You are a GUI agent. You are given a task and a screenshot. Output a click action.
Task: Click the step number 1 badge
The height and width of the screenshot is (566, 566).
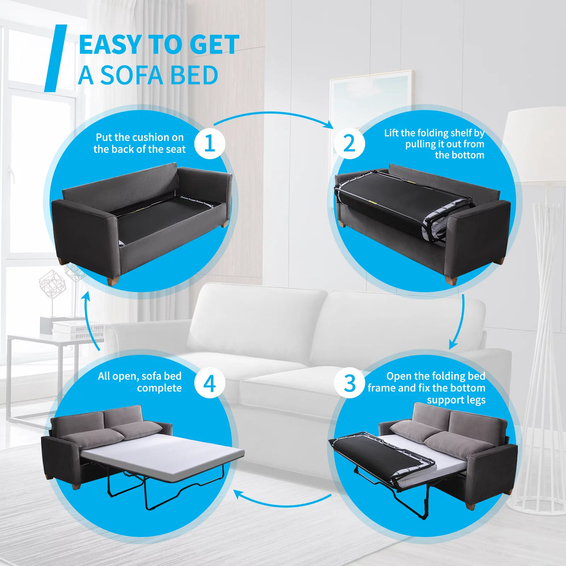209,144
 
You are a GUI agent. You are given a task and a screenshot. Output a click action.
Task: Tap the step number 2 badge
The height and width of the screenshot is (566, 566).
349,144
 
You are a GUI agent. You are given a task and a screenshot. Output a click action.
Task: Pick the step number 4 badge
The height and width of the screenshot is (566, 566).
209,383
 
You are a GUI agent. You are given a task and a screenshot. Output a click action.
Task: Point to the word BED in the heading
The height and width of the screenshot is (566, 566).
194,75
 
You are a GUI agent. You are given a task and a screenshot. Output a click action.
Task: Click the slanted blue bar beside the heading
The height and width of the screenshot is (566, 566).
55,58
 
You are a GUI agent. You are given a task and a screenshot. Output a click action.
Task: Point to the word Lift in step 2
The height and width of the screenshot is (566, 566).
391,133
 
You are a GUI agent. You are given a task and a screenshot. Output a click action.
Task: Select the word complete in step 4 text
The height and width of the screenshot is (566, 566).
159,389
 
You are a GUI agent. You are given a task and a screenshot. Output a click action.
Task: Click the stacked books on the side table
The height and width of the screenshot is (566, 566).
78,331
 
